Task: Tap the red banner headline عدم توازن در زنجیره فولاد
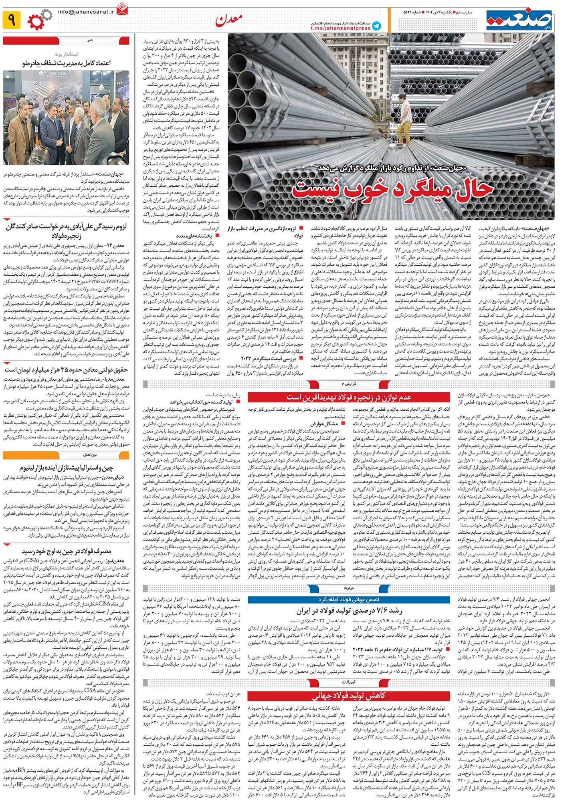tap(349, 397)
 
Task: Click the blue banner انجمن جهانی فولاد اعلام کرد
tap(349, 600)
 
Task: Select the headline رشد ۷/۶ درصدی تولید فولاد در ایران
tap(349, 611)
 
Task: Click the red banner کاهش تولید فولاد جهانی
tap(349, 695)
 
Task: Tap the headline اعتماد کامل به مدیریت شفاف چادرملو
tap(67, 63)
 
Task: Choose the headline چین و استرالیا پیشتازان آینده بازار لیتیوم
tap(67, 468)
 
